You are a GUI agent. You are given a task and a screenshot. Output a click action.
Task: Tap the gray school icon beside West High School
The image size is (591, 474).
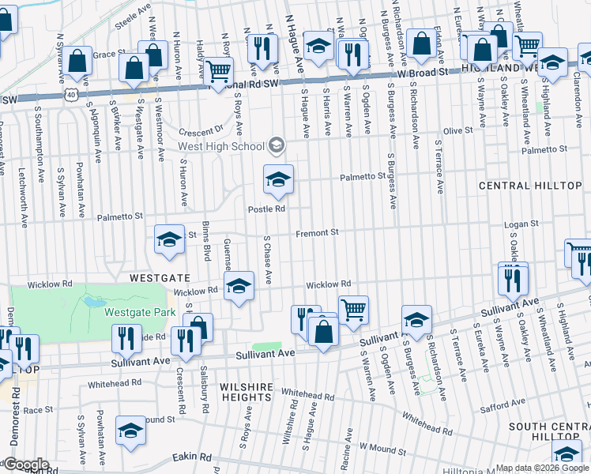pos(276,144)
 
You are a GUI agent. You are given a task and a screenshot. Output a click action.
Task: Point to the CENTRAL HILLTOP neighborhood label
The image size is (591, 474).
pos(518,185)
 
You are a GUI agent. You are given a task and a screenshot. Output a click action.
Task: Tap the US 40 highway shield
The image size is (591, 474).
pos(71,94)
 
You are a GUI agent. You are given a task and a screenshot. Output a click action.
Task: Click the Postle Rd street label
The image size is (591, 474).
pos(266,209)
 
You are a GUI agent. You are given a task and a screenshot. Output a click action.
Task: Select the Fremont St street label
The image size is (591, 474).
pos(317,232)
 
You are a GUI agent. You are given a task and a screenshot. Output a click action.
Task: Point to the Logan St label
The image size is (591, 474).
pos(521,224)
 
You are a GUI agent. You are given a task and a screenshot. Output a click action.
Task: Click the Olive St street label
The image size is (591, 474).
pos(457,130)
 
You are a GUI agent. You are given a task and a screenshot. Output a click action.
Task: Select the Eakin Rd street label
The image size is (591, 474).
pos(194,457)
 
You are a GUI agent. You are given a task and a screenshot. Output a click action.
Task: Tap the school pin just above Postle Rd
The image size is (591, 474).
pos(278,181)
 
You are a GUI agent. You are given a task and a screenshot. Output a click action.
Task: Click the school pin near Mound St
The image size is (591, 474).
pos(130,431)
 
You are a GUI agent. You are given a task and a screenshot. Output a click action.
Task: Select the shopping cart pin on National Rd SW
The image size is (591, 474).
pos(219,72)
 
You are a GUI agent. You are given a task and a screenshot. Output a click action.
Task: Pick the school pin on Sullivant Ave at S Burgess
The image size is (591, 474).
pos(416,321)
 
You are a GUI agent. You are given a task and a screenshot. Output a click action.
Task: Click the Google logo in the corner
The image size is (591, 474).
pos(25,465)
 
